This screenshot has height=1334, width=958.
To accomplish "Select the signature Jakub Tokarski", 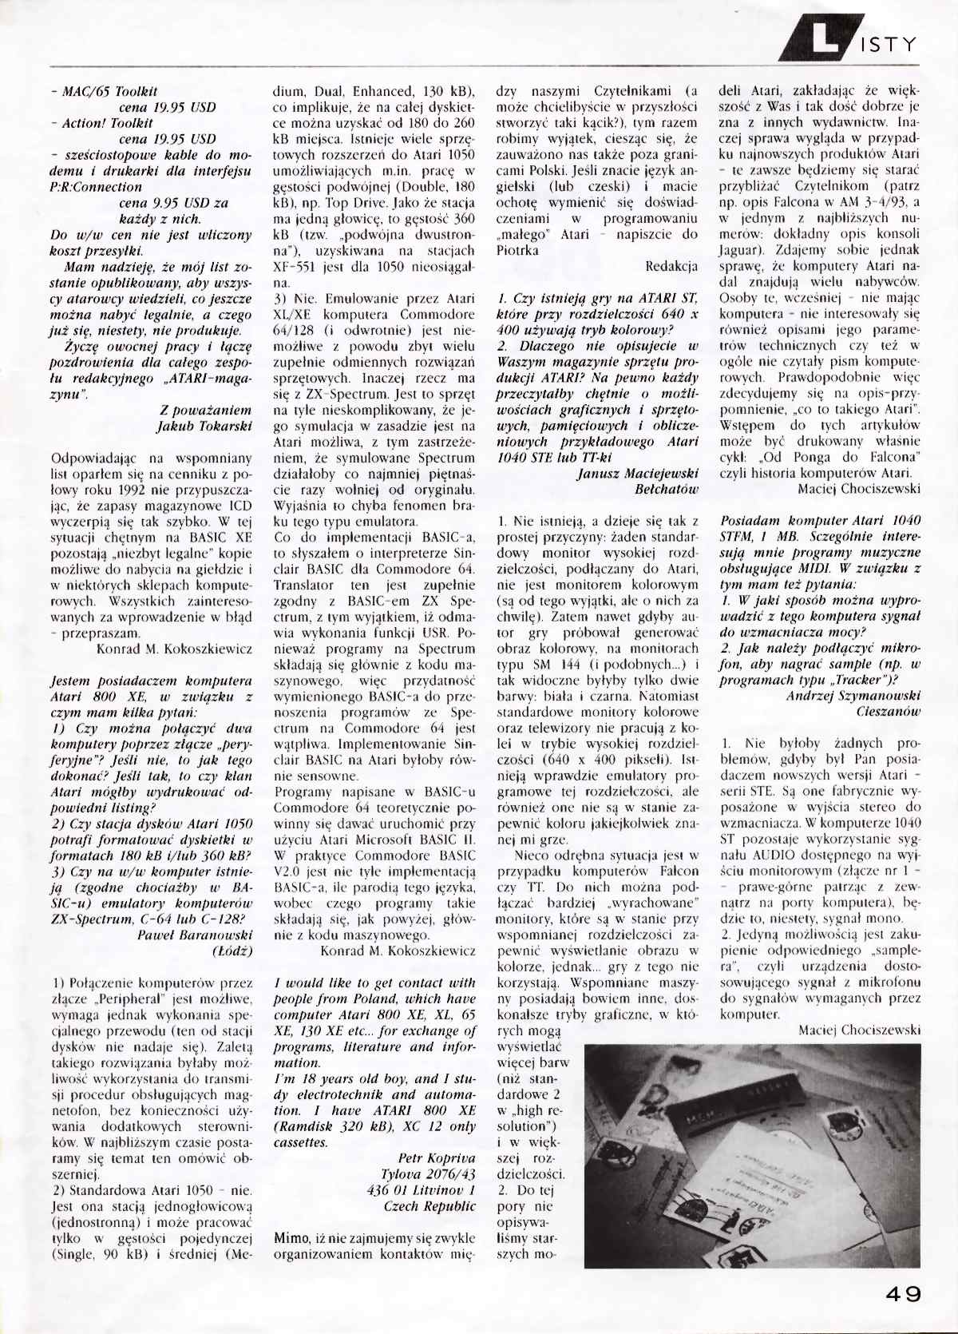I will [x=204, y=426].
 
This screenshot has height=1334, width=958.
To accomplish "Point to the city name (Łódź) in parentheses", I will [x=232, y=951].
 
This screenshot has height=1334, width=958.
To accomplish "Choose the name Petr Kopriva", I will [x=437, y=1157].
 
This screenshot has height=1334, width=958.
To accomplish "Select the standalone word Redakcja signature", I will [x=671, y=266].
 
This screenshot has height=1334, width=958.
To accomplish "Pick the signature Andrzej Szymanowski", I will [x=853, y=695].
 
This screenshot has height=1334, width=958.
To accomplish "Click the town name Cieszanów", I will [x=888, y=711].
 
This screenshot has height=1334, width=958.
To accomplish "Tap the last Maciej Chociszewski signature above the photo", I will [x=859, y=1030].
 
